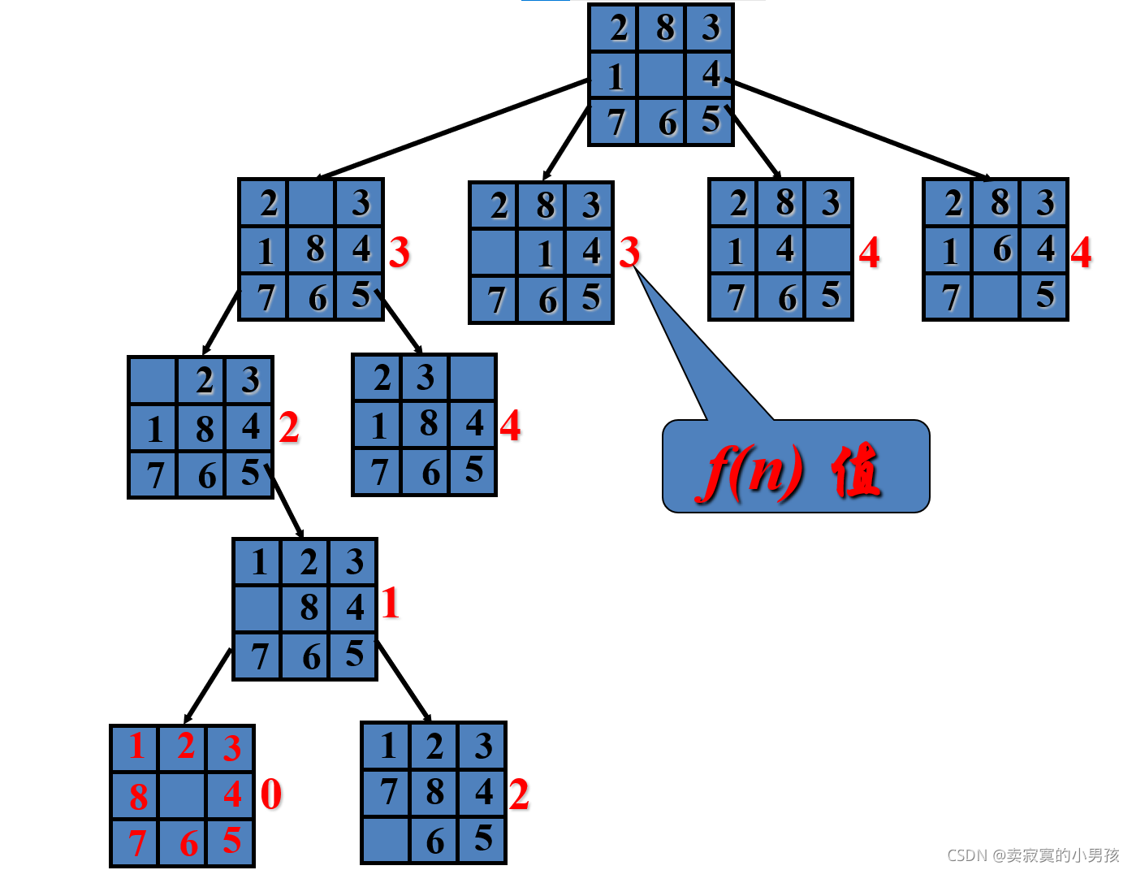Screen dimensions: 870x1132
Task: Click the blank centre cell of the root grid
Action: coord(661,76)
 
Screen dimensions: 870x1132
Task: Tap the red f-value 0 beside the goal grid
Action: coord(271,794)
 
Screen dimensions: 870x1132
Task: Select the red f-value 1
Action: coord(391,604)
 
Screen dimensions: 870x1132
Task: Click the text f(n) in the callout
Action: coord(752,470)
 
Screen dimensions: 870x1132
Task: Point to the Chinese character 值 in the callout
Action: coord(856,470)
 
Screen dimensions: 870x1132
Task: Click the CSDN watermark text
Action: coord(1033,855)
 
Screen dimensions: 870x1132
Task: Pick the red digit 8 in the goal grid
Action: coord(138,797)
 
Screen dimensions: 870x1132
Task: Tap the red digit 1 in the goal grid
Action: coord(136,746)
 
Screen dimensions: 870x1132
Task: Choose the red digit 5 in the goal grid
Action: coord(231,841)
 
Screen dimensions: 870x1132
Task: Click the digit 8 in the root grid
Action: coord(666,28)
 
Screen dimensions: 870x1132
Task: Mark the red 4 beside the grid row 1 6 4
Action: coord(1081,253)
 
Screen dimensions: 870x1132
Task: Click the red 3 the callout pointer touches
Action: coord(629,253)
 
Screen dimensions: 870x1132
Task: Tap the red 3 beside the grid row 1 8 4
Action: coord(399,253)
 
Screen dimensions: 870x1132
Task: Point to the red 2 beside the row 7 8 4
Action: coord(519,794)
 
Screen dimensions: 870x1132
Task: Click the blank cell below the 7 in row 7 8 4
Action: coord(387,840)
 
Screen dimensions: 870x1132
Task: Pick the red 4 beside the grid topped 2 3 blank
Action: coord(510,425)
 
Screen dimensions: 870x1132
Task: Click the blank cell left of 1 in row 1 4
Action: coord(494,253)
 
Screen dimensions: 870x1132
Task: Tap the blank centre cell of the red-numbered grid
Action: coord(183,795)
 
